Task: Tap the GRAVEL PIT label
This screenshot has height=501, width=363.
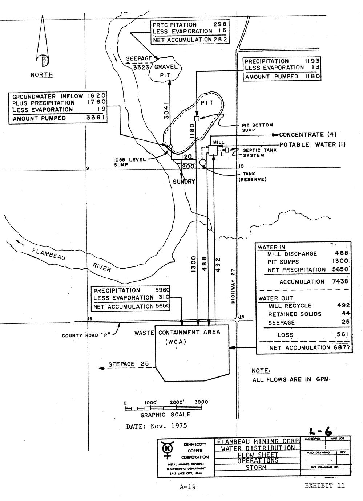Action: (166, 71)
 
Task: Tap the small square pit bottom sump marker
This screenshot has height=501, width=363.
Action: (197, 119)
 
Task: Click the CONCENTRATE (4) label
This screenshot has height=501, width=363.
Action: (306, 135)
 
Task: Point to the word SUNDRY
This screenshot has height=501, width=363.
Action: (184, 181)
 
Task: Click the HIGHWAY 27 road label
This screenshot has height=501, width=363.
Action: (233, 285)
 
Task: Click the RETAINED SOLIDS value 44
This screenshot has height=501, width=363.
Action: (346, 314)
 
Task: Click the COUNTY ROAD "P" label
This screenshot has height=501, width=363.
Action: (86, 335)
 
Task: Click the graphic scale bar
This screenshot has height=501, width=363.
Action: (167, 408)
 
